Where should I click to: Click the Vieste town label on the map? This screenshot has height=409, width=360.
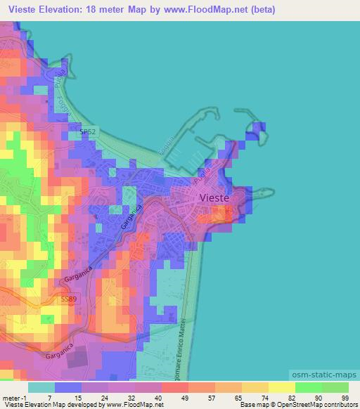pos(219,198)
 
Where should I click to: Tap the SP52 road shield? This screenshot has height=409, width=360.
pos(88,131)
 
